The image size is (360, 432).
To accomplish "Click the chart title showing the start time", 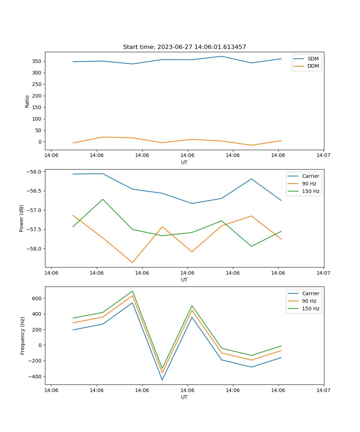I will tap(184, 47).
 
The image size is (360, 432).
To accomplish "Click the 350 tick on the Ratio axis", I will tap(36, 61).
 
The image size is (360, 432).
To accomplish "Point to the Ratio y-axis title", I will tap(27, 101).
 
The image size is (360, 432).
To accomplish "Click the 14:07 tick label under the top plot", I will tap(323, 155).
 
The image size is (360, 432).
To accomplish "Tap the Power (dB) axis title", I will tap(22, 218).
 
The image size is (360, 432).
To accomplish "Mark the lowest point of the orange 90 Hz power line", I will tap(132, 262).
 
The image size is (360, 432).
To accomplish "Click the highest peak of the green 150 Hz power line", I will tap(103, 199).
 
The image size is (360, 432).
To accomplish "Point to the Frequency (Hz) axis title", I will tap(22, 336).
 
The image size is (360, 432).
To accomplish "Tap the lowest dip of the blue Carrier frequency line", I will tap(162, 380).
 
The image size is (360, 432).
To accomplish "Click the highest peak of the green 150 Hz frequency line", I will tap(132, 291).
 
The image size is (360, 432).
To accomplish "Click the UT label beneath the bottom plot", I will tap(184, 397).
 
